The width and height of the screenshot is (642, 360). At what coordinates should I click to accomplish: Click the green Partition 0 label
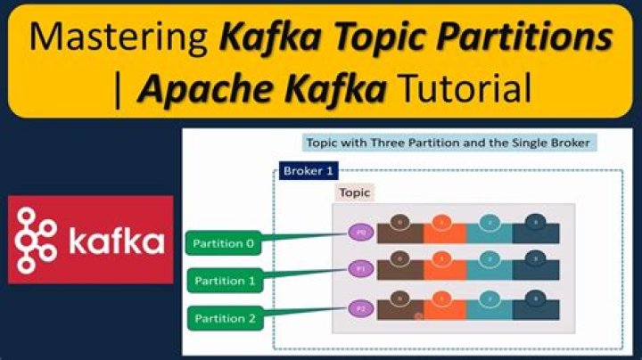(x=226, y=243)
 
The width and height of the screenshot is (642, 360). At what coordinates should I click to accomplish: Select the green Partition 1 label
(x=226, y=281)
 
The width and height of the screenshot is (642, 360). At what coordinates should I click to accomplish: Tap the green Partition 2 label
(x=226, y=318)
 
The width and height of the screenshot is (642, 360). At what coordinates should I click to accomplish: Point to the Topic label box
(x=354, y=192)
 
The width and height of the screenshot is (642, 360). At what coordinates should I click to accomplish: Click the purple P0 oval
(x=358, y=232)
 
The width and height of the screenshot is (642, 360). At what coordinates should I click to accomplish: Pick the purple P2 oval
(x=358, y=307)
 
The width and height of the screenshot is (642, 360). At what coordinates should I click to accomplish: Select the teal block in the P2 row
(x=490, y=309)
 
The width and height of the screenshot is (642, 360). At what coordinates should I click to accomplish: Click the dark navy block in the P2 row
(x=536, y=309)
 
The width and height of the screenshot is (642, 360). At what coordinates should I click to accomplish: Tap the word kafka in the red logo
(x=114, y=241)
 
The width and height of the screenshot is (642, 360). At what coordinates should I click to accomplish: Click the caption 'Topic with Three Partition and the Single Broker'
(x=447, y=143)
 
